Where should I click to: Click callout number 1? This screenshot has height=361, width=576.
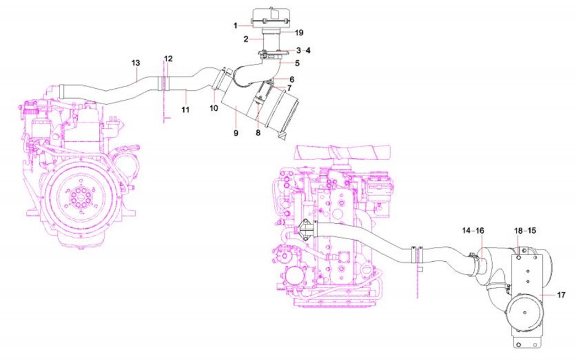pyautogui.click(x=236, y=26)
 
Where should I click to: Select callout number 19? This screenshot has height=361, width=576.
pyautogui.click(x=299, y=33)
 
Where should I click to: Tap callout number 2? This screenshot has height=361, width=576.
pyautogui.click(x=246, y=39)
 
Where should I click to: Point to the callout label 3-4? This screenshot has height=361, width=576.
pyautogui.click(x=303, y=50)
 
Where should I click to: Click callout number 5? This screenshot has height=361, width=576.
pyautogui.click(x=297, y=63)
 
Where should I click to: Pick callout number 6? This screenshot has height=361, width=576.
pyautogui.click(x=292, y=79)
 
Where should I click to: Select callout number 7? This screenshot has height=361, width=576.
pyautogui.click(x=289, y=88)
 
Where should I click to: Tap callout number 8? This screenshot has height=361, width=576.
pyautogui.click(x=258, y=133)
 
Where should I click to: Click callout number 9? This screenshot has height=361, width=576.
pyautogui.click(x=236, y=133)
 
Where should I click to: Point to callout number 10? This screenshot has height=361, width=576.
pyautogui.click(x=214, y=108)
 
